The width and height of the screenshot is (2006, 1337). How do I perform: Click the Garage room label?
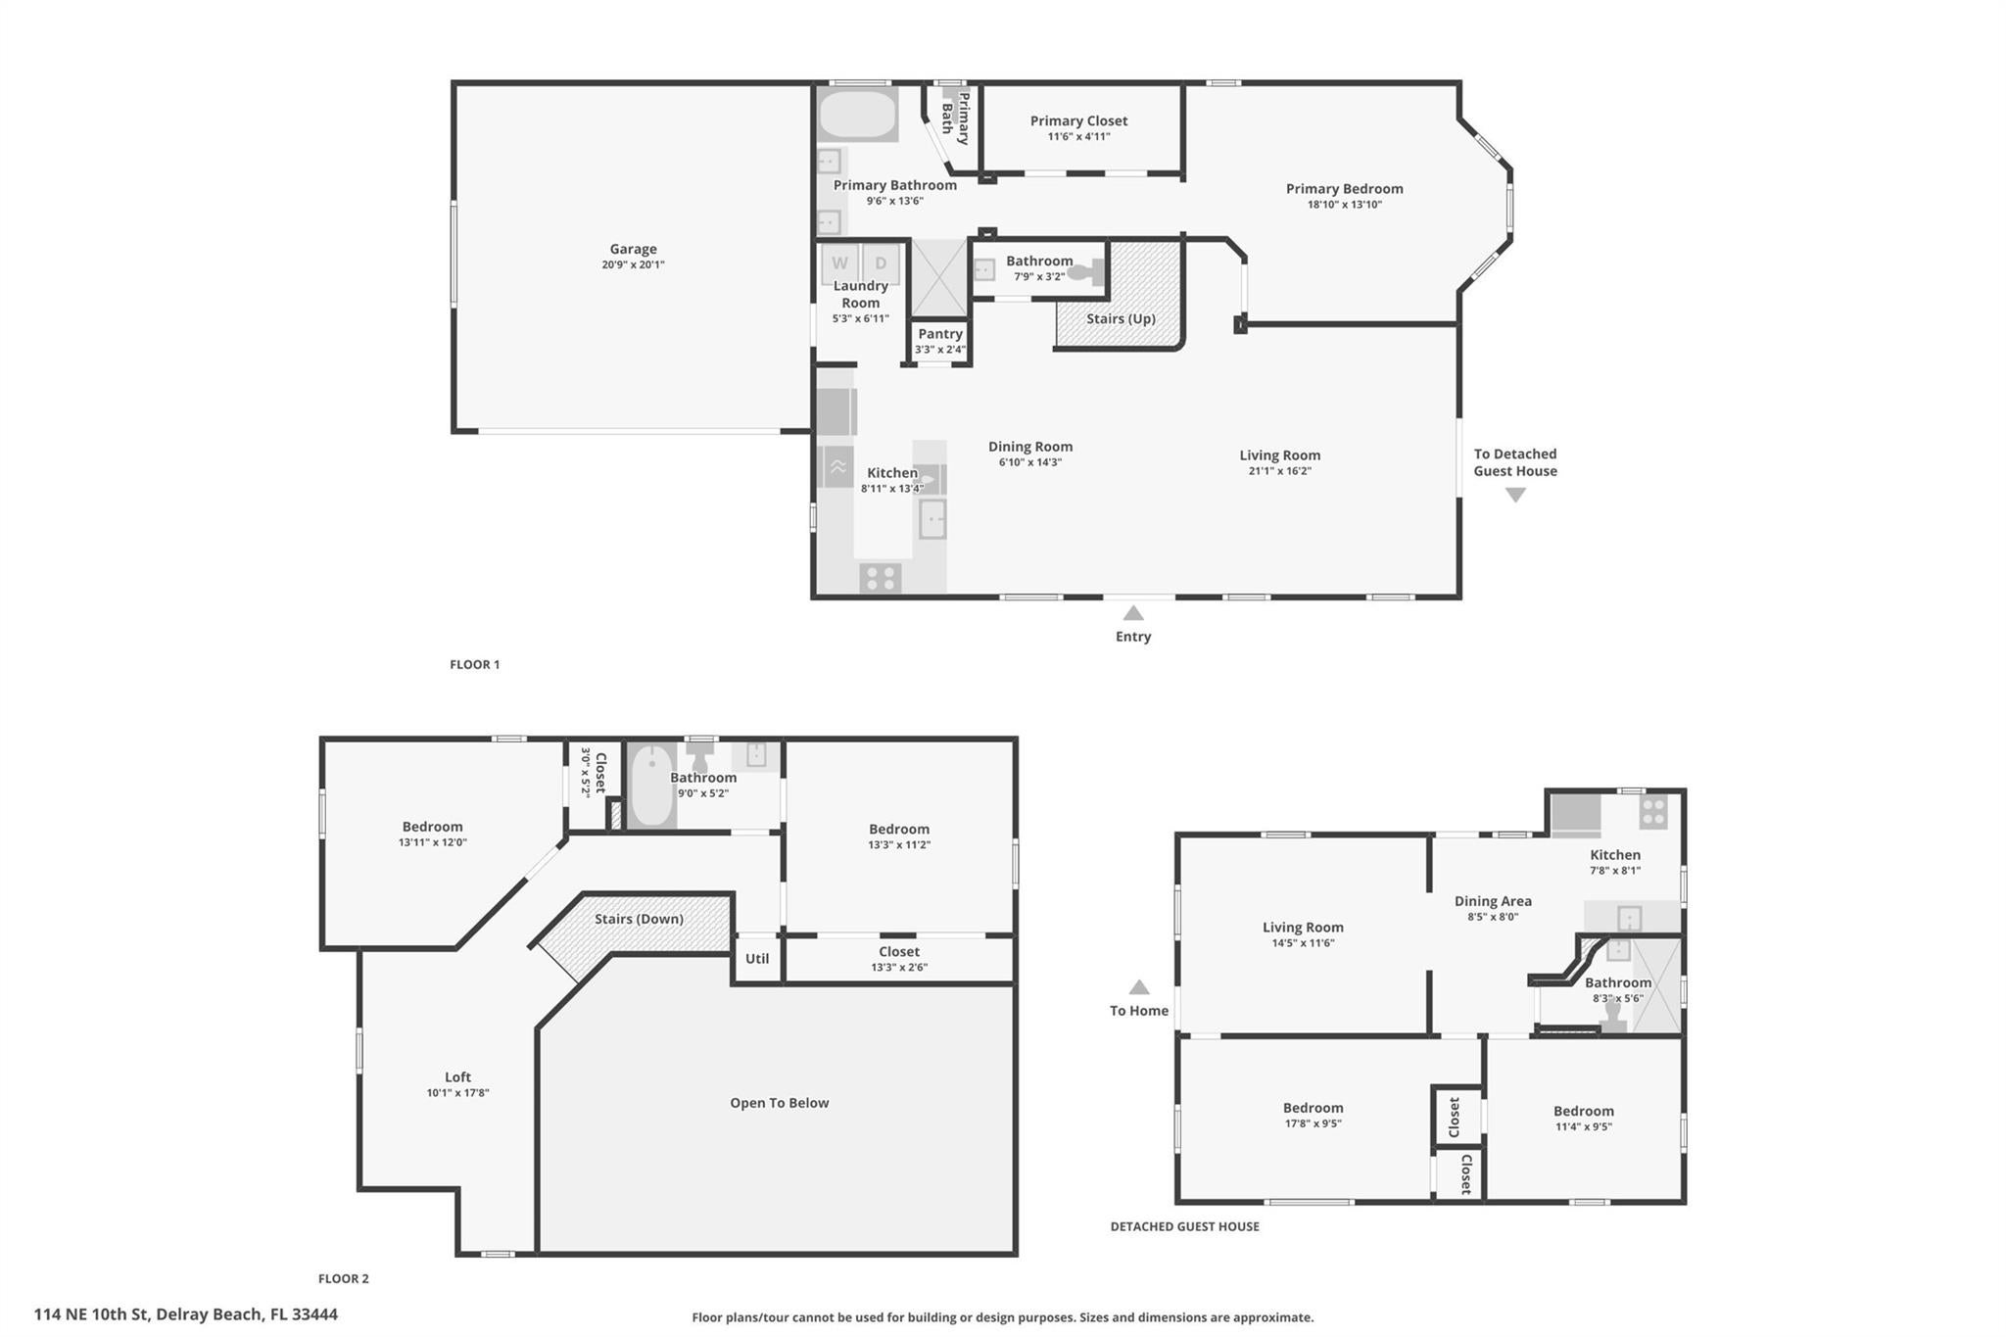[633, 249]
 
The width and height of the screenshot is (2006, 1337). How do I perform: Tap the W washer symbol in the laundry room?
[839, 263]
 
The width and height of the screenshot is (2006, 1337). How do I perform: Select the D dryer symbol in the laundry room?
[881, 263]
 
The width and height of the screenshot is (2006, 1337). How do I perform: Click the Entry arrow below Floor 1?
[1133, 614]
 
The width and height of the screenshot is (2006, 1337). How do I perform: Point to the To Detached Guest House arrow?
[1515, 496]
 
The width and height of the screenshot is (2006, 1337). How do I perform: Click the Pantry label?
[939, 334]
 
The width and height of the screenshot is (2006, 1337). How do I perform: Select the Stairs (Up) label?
[1121, 318]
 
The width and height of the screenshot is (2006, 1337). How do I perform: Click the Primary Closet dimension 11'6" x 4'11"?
[1078, 137]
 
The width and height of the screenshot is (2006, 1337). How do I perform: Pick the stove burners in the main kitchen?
[880, 578]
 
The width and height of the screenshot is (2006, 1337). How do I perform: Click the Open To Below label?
[779, 1103]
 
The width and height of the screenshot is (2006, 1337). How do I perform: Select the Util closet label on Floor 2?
[757, 959]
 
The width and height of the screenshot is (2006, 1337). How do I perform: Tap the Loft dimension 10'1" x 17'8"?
[457, 1093]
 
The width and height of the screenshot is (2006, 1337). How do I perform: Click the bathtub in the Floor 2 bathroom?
[650, 786]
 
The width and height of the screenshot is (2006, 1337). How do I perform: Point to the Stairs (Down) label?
[639, 919]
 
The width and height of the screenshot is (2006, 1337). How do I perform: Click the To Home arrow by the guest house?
[1139, 988]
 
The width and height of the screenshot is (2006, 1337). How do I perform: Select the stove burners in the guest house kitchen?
[1653, 812]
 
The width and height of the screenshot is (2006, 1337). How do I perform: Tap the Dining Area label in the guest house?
[1493, 901]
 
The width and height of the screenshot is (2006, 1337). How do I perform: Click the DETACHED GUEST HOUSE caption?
[1184, 1226]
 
